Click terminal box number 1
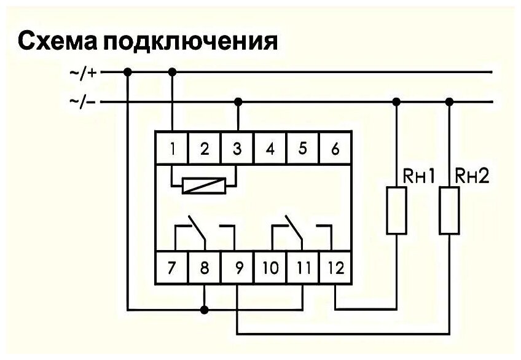pyautogui.click(x=173, y=149)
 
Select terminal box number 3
pyautogui.click(x=238, y=149)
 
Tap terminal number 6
pyautogui.click(x=335, y=149)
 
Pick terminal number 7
pyautogui.click(x=173, y=268)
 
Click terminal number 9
pyautogui.click(x=238, y=268)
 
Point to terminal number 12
pyautogui.click(x=335, y=268)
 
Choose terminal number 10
pyautogui.click(x=270, y=268)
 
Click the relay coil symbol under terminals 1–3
pyautogui.click(x=205, y=185)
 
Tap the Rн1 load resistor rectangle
pyautogui.click(x=396, y=211)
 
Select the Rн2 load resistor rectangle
pyautogui.click(x=450, y=211)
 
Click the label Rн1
pyautogui.click(x=419, y=177)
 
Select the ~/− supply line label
pyautogui.click(x=84, y=102)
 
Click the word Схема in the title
pyautogui.click(x=56, y=42)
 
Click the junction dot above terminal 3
pyautogui.click(x=238, y=102)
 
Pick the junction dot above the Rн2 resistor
pyautogui.click(x=450, y=102)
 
